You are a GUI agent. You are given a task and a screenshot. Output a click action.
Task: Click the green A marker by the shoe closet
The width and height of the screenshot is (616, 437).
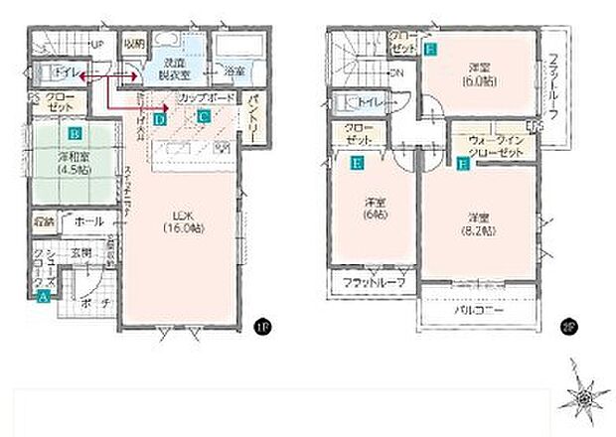pyautogui.click(x=43, y=295)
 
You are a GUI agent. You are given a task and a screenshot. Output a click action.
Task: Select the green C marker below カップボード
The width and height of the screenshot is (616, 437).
pyautogui.click(x=202, y=115)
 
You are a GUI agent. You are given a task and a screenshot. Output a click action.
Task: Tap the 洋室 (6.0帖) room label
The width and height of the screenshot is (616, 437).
pyautogui.click(x=480, y=74)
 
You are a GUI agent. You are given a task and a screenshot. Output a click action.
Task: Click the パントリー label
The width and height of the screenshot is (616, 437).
pyautogui.click(x=254, y=106)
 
